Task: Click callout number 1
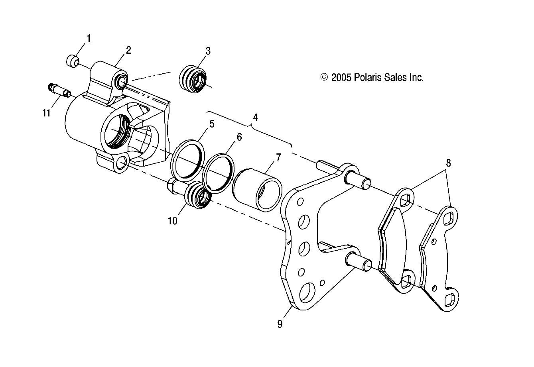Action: tap(89, 39)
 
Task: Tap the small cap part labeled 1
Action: tap(71, 61)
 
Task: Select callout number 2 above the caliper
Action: tap(128, 50)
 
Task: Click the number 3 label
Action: tap(208, 51)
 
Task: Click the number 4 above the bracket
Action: tap(255, 118)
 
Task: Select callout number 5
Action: tap(211, 124)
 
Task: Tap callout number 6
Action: tap(239, 137)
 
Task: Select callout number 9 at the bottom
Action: tap(280, 324)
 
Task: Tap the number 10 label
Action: tap(172, 220)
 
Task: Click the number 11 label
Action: tap(47, 113)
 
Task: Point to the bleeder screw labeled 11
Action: tap(59, 91)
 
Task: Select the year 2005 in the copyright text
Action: tap(341, 77)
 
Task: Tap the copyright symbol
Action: tap(324, 77)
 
